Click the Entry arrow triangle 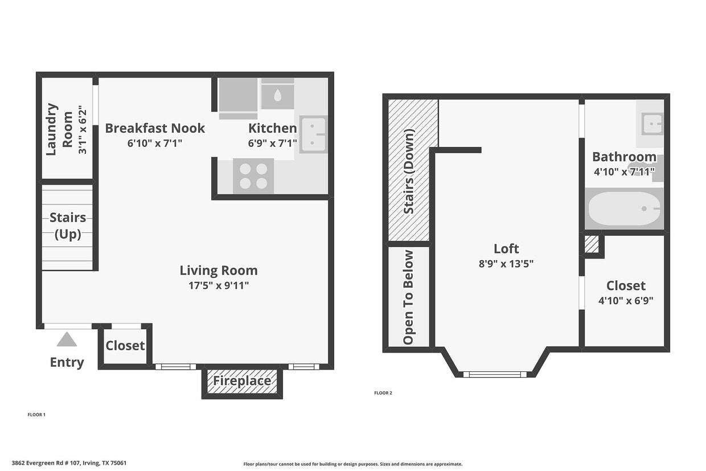click(67, 339)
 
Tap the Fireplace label click(242, 381)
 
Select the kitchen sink click(313, 134)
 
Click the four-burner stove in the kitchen click(253, 176)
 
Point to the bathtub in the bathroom click(623, 209)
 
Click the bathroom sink click(652, 123)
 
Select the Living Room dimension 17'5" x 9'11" click(219, 285)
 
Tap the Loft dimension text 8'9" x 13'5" click(506, 263)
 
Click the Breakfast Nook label click(155, 128)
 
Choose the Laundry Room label click(60, 129)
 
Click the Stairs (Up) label click(68, 226)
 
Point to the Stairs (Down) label click(409, 171)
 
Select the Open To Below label click(408, 297)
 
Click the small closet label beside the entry click(125, 346)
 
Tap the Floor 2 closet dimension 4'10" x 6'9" click(625, 301)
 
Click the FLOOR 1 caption click(36, 415)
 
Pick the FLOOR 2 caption click(383, 393)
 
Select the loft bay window click(495, 374)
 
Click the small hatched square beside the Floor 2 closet click(592, 244)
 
